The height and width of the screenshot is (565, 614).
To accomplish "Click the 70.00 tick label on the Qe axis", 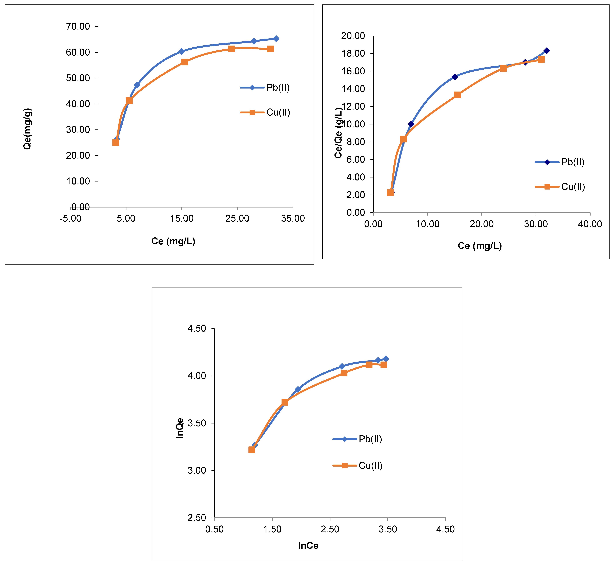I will coord(78,27).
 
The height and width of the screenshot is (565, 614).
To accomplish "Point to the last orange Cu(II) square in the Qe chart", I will coord(270,49).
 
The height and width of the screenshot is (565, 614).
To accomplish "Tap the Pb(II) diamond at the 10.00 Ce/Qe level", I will coord(411,124).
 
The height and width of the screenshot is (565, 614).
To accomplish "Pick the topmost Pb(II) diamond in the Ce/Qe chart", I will coord(546,51).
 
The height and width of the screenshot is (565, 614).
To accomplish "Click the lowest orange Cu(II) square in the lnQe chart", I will coord(252,450).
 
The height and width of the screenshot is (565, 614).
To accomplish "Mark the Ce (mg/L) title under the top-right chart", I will coord(480,246).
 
